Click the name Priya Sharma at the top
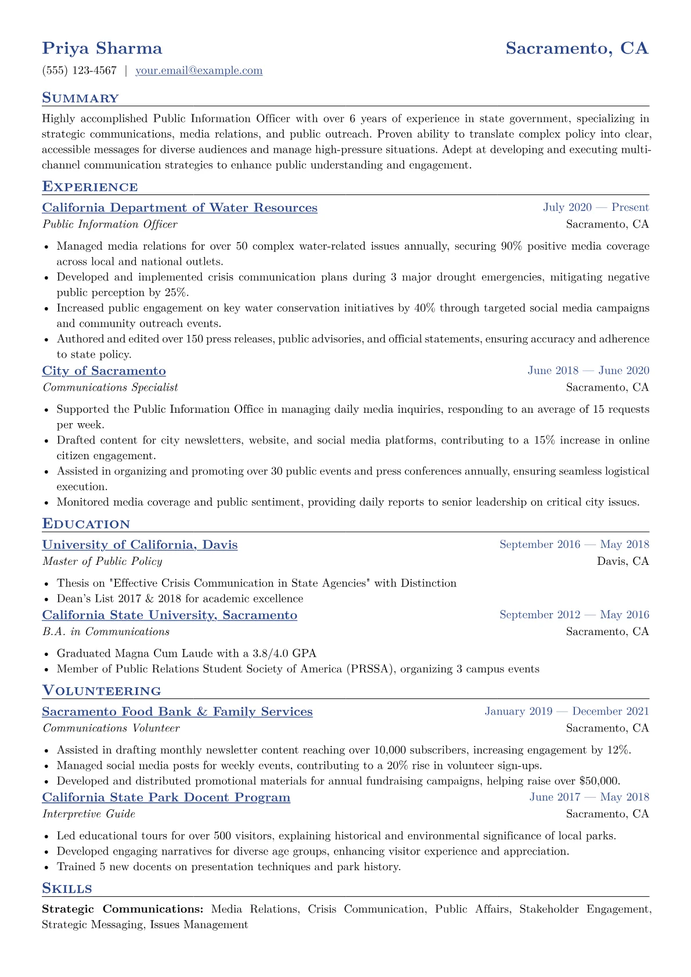[102, 48]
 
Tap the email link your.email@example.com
[199, 71]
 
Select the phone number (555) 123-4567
[79, 71]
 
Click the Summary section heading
[80, 98]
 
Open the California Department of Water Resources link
[179, 208]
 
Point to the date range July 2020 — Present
[596, 208]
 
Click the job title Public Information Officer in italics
[110, 225]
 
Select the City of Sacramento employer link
[104, 371]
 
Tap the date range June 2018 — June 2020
[588, 371]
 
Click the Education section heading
[86, 524]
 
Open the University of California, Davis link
[140, 545]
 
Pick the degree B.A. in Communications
[106, 632]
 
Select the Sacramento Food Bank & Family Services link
[177, 712]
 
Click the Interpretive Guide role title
[89, 814]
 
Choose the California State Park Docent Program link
[166, 798]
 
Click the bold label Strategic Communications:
[123, 910]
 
